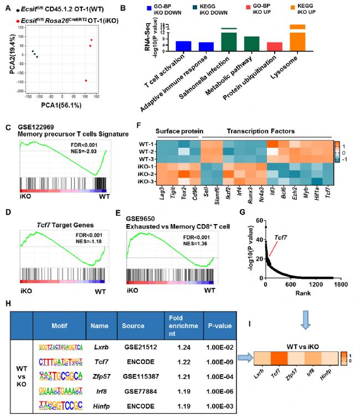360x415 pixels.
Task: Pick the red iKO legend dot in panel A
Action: tap(19, 19)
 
